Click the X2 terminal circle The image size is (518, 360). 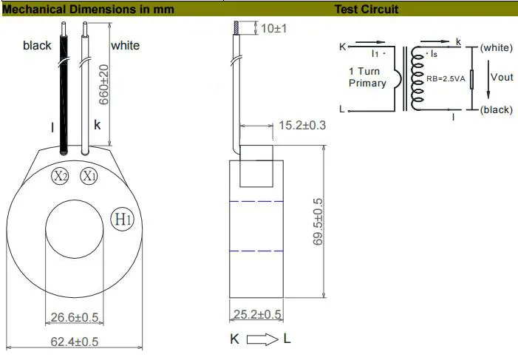(60, 177)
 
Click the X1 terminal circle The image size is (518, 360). (89, 177)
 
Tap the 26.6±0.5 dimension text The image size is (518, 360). (74, 318)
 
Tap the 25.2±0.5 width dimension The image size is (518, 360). (258, 315)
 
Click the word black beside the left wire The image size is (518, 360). (37, 46)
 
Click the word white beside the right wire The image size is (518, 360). (126, 46)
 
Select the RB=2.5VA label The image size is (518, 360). (447, 78)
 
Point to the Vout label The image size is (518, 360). (501, 78)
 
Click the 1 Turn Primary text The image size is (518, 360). (367, 78)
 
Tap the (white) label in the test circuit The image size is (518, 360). (496, 47)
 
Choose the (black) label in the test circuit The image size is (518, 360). (496, 109)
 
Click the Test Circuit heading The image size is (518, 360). (367, 10)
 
